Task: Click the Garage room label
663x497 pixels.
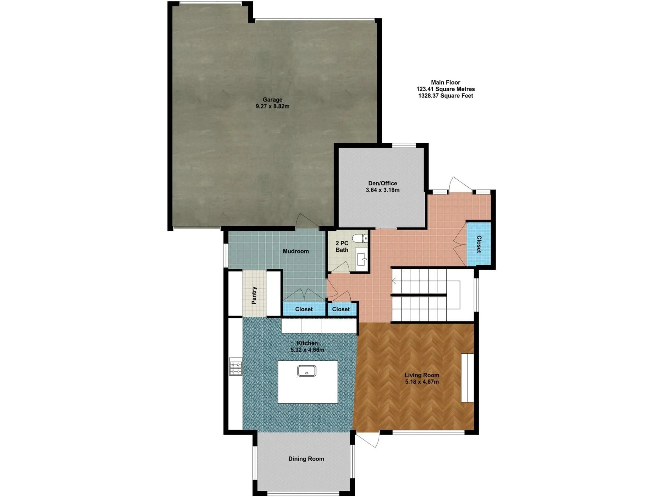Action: click(x=272, y=100)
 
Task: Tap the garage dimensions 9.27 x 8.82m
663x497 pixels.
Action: click(x=272, y=106)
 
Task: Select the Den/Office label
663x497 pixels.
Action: click(x=382, y=183)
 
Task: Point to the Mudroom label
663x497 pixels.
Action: click(x=296, y=251)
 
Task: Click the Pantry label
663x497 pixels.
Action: click(x=254, y=295)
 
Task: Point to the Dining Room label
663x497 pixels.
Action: click(x=306, y=459)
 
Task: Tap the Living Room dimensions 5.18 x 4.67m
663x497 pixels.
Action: click(x=422, y=382)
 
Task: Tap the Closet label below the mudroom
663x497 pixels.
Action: click(x=304, y=309)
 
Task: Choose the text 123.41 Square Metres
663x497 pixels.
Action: click(x=445, y=89)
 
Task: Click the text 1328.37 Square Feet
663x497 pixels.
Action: click(x=445, y=96)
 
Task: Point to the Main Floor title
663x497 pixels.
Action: click(x=445, y=82)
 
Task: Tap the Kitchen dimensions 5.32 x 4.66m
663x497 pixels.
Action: click(x=307, y=350)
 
